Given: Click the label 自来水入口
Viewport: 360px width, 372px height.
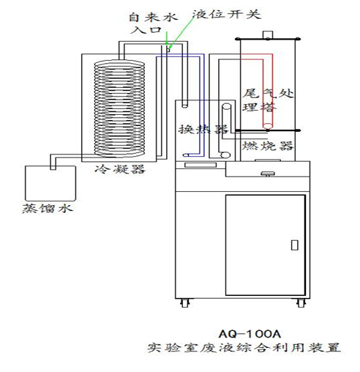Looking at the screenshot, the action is pos(153,23).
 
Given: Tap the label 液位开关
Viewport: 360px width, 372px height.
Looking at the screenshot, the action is pos(227,15).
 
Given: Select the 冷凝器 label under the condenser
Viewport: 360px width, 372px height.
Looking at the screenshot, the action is pos(120,169).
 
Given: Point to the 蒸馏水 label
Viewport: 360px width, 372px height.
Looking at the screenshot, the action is pos(48,209).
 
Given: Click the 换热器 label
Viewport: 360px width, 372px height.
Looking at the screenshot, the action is pos(203,130).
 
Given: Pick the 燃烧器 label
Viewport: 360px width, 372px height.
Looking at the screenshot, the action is pos(267,146).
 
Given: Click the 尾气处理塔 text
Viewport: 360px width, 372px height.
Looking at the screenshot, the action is pos(268,100).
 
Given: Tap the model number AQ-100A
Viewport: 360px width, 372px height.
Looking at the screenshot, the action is pos(250,334).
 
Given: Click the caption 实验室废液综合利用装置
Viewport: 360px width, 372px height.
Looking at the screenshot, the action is pos(244,348).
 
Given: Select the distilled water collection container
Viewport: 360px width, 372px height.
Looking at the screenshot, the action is pos(50,183).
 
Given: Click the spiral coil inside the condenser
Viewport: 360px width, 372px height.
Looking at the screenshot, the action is pos(119,108).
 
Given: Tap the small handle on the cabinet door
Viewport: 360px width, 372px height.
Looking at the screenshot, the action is pos(295,245).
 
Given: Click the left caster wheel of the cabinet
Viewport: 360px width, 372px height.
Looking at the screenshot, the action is pos(184,303).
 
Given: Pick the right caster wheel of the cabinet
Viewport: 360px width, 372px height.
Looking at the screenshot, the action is pos(301,303).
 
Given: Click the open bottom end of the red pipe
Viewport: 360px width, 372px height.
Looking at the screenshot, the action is pos(268,127).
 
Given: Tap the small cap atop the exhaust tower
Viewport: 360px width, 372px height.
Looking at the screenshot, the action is pos(268,34).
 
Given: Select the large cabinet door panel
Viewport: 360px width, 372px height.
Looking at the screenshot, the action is pos(266,245).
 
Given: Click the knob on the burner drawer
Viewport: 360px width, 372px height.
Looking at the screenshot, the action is pos(268,174).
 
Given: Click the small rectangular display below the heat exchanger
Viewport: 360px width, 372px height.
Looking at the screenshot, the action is pos(200,165).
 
